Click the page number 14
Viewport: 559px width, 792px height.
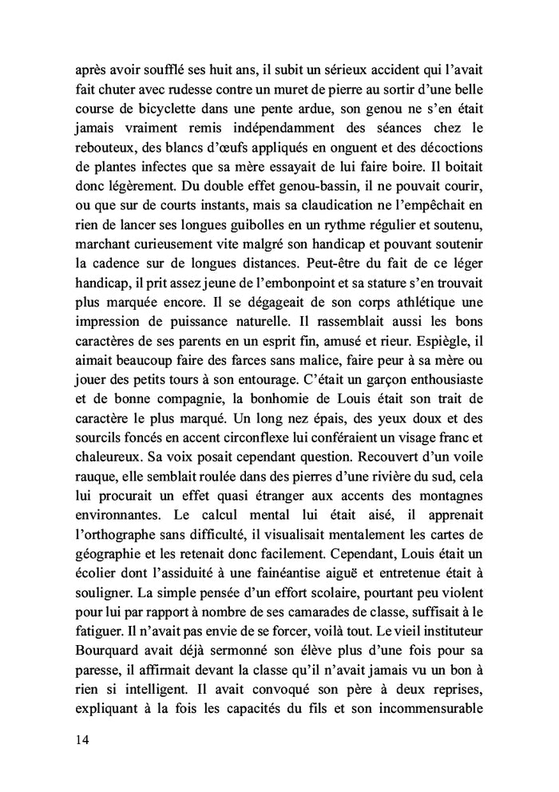point(78,740)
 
